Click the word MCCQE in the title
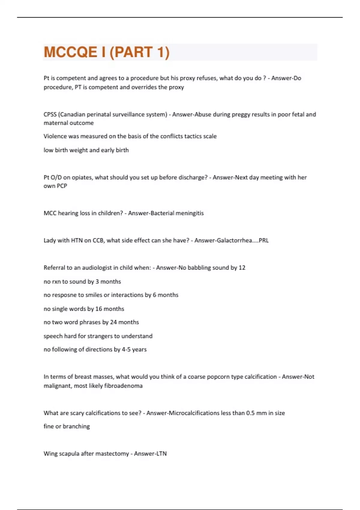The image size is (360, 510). (70, 52)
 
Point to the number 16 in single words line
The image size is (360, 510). (99, 309)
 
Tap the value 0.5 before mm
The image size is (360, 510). (250, 413)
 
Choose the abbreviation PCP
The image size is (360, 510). (62, 186)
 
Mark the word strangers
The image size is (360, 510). (99, 336)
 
